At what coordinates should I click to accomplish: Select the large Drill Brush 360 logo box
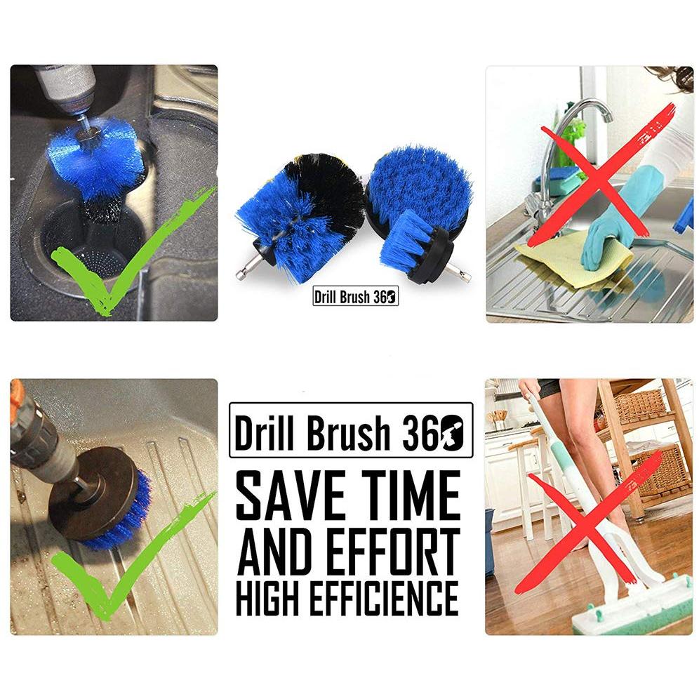click(x=351, y=430)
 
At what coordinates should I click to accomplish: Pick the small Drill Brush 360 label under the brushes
click(x=355, y=297)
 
